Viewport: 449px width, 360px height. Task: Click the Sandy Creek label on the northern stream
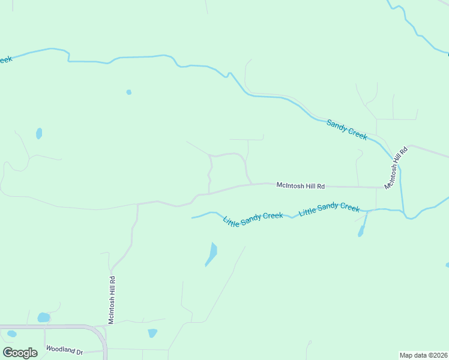tap(346, 130)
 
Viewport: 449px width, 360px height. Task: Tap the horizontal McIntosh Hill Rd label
tap(300, 186)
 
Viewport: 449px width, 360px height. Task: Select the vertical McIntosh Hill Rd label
tap(112, 300)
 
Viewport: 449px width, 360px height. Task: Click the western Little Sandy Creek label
tap(253, 220)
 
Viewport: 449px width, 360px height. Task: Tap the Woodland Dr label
tap(64, 350)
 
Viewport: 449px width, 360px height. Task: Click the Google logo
tap(20, 353)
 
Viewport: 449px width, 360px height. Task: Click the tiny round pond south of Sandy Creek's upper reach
tap(128, 92)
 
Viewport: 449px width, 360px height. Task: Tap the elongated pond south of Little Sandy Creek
tap(211, 253)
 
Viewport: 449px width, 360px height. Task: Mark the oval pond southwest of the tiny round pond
tap(39, 133)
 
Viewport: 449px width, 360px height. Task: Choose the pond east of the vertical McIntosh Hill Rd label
tap(152, 333)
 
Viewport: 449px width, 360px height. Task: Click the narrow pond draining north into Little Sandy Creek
tap(363, 226)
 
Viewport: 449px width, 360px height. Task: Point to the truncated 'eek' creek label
tap(5, 59)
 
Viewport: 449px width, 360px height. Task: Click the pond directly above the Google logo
tap(11, 334)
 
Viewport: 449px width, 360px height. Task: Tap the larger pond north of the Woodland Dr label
tap(43, 317)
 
